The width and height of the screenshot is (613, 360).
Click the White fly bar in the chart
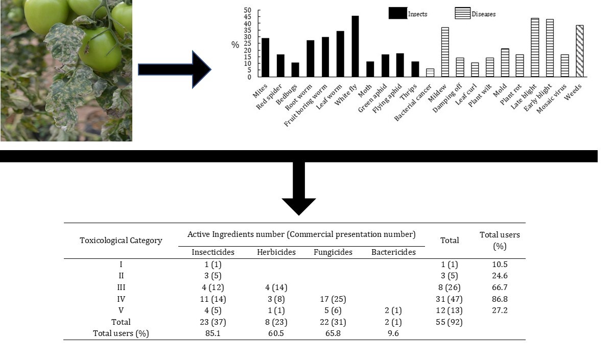[x=355, y=46]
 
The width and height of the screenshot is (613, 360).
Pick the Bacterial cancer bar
[x=430, y=73]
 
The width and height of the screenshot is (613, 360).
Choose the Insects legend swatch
[x=397, y=13]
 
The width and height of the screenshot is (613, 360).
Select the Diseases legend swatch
[x=462, y=13]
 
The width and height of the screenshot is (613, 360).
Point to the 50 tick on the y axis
[x=248, y=11]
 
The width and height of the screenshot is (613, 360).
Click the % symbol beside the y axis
[x=235, y=45]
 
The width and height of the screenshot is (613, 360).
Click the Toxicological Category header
[x=121, y=240]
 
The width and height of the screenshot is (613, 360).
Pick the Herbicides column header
[x=276, y=252]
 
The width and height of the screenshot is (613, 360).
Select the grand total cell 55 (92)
[x=450, y=322]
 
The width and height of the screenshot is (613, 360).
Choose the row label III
[x=121, y=287]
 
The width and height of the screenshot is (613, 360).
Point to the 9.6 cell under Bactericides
[x=393, y=333]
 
